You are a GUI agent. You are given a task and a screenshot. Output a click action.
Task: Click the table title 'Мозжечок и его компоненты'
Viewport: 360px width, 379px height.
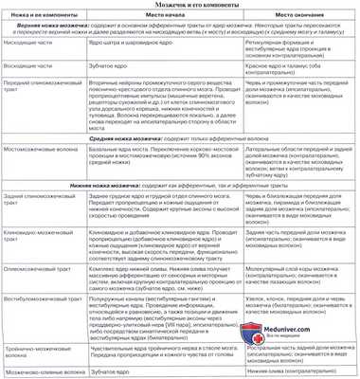tap(179, 7)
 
